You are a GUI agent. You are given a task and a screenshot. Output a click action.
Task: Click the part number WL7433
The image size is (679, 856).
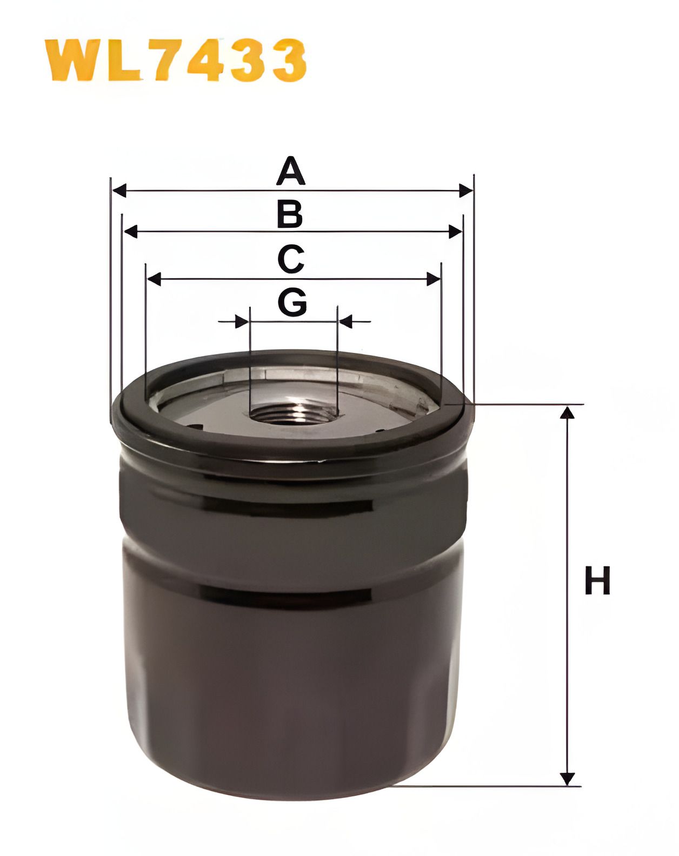(x=176, y=60)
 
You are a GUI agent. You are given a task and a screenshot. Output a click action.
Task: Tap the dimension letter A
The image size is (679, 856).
(x=290, y=171)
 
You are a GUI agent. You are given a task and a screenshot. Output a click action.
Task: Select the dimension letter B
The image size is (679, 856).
(x=290, y=215)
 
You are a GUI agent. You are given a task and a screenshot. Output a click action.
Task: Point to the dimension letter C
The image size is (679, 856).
(x=291, y=259)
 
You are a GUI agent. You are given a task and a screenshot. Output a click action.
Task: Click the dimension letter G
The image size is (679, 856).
(x=292, y=302)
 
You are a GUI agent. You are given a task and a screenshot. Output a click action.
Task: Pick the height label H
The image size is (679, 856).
(x=597, y=580)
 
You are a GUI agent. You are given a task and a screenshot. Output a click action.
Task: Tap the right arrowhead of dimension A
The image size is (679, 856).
(x=466, y=191)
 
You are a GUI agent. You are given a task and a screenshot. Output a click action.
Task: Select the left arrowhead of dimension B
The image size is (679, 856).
(x=131, y=231)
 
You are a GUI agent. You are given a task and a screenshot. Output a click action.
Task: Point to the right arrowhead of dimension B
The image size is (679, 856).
(x=455, y=231)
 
